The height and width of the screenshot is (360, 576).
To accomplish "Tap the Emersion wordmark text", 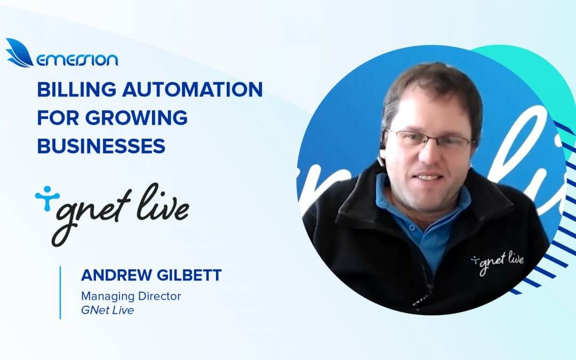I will (77, 59).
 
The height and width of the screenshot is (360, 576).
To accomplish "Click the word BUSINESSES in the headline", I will (101, 145).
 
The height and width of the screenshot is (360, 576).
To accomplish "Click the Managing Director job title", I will (131, 296).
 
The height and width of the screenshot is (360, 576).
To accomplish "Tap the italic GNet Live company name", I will (107, 310).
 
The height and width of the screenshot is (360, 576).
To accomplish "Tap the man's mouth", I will (429, 177).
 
